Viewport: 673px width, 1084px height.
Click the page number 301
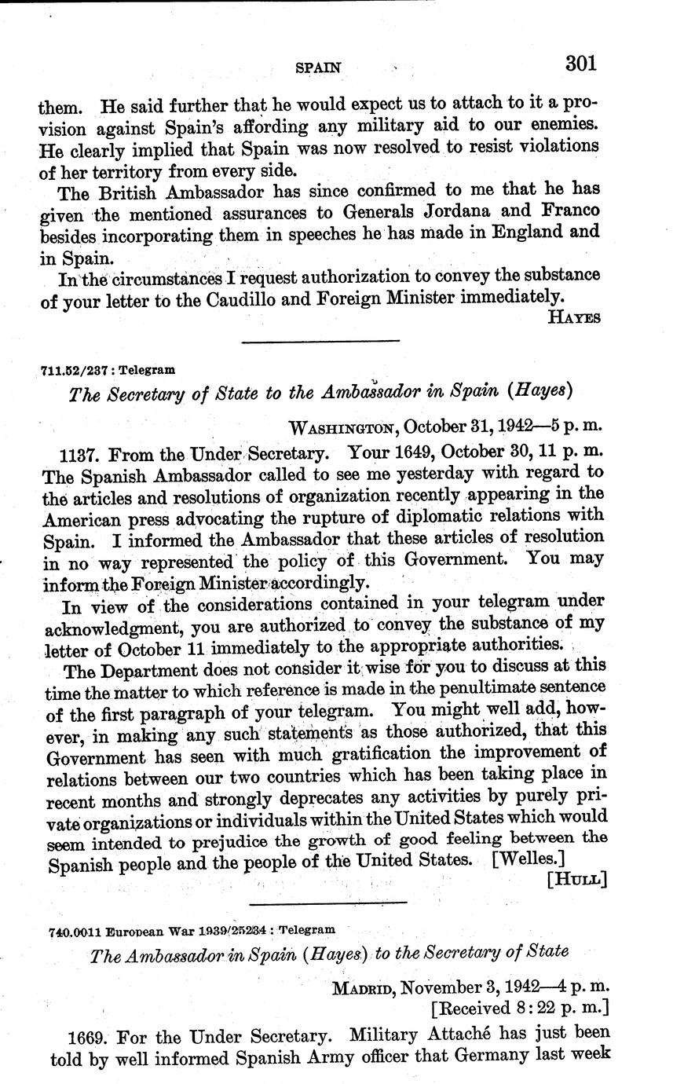click(x=581, y=63)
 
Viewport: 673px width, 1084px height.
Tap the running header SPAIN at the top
click(x=318, y=68)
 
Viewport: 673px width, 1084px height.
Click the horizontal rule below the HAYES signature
click(x=320, y=341)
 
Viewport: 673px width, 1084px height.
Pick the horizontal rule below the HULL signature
click(x=328, y=903)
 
